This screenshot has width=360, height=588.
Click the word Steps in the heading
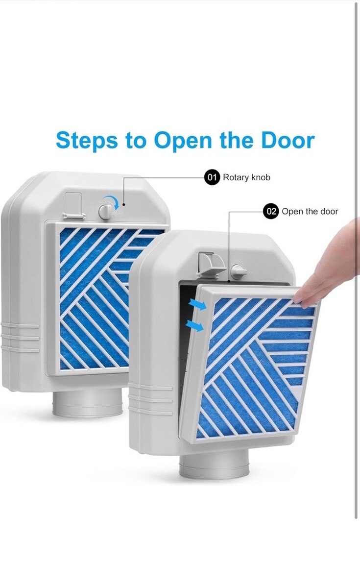pyautogui.click(x=87, y=141)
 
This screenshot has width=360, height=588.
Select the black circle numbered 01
pyautogui.click(x=212, y=177)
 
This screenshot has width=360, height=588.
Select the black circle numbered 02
pyautogui.click(x=270, y=211)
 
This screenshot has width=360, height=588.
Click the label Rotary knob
pyautogui.click(x=246, y=177)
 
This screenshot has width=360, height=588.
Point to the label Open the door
pyautogui.click(x=310, y=211)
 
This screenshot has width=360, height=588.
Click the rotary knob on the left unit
pyautogui.click(x=105, y=211)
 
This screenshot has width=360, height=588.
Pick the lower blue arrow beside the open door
pyautogui.click(x=195, y=325)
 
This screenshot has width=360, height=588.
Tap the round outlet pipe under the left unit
pyautogui.click(x=87, y=405)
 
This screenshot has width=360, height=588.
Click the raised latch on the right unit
pyautogui.click(x=211, y=265)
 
